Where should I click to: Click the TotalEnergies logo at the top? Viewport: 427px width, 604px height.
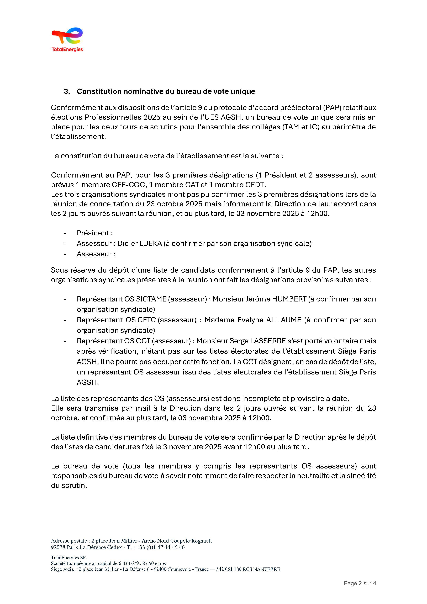coord(67,39)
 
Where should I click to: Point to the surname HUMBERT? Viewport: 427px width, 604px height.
coord(289,299)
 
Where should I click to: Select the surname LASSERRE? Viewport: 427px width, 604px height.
coord(268,341)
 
